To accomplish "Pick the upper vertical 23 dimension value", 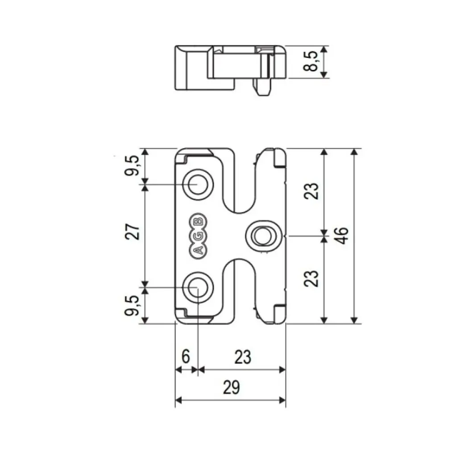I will point(313,191).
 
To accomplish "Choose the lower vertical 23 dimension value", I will point(313,278).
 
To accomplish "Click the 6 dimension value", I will point(186,357).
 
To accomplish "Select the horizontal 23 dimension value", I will point(242,357).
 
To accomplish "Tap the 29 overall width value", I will point(231,387).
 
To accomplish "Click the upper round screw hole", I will point(197,183).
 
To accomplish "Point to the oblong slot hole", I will point(262,235).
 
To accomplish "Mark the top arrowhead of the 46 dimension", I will point(354,152).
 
